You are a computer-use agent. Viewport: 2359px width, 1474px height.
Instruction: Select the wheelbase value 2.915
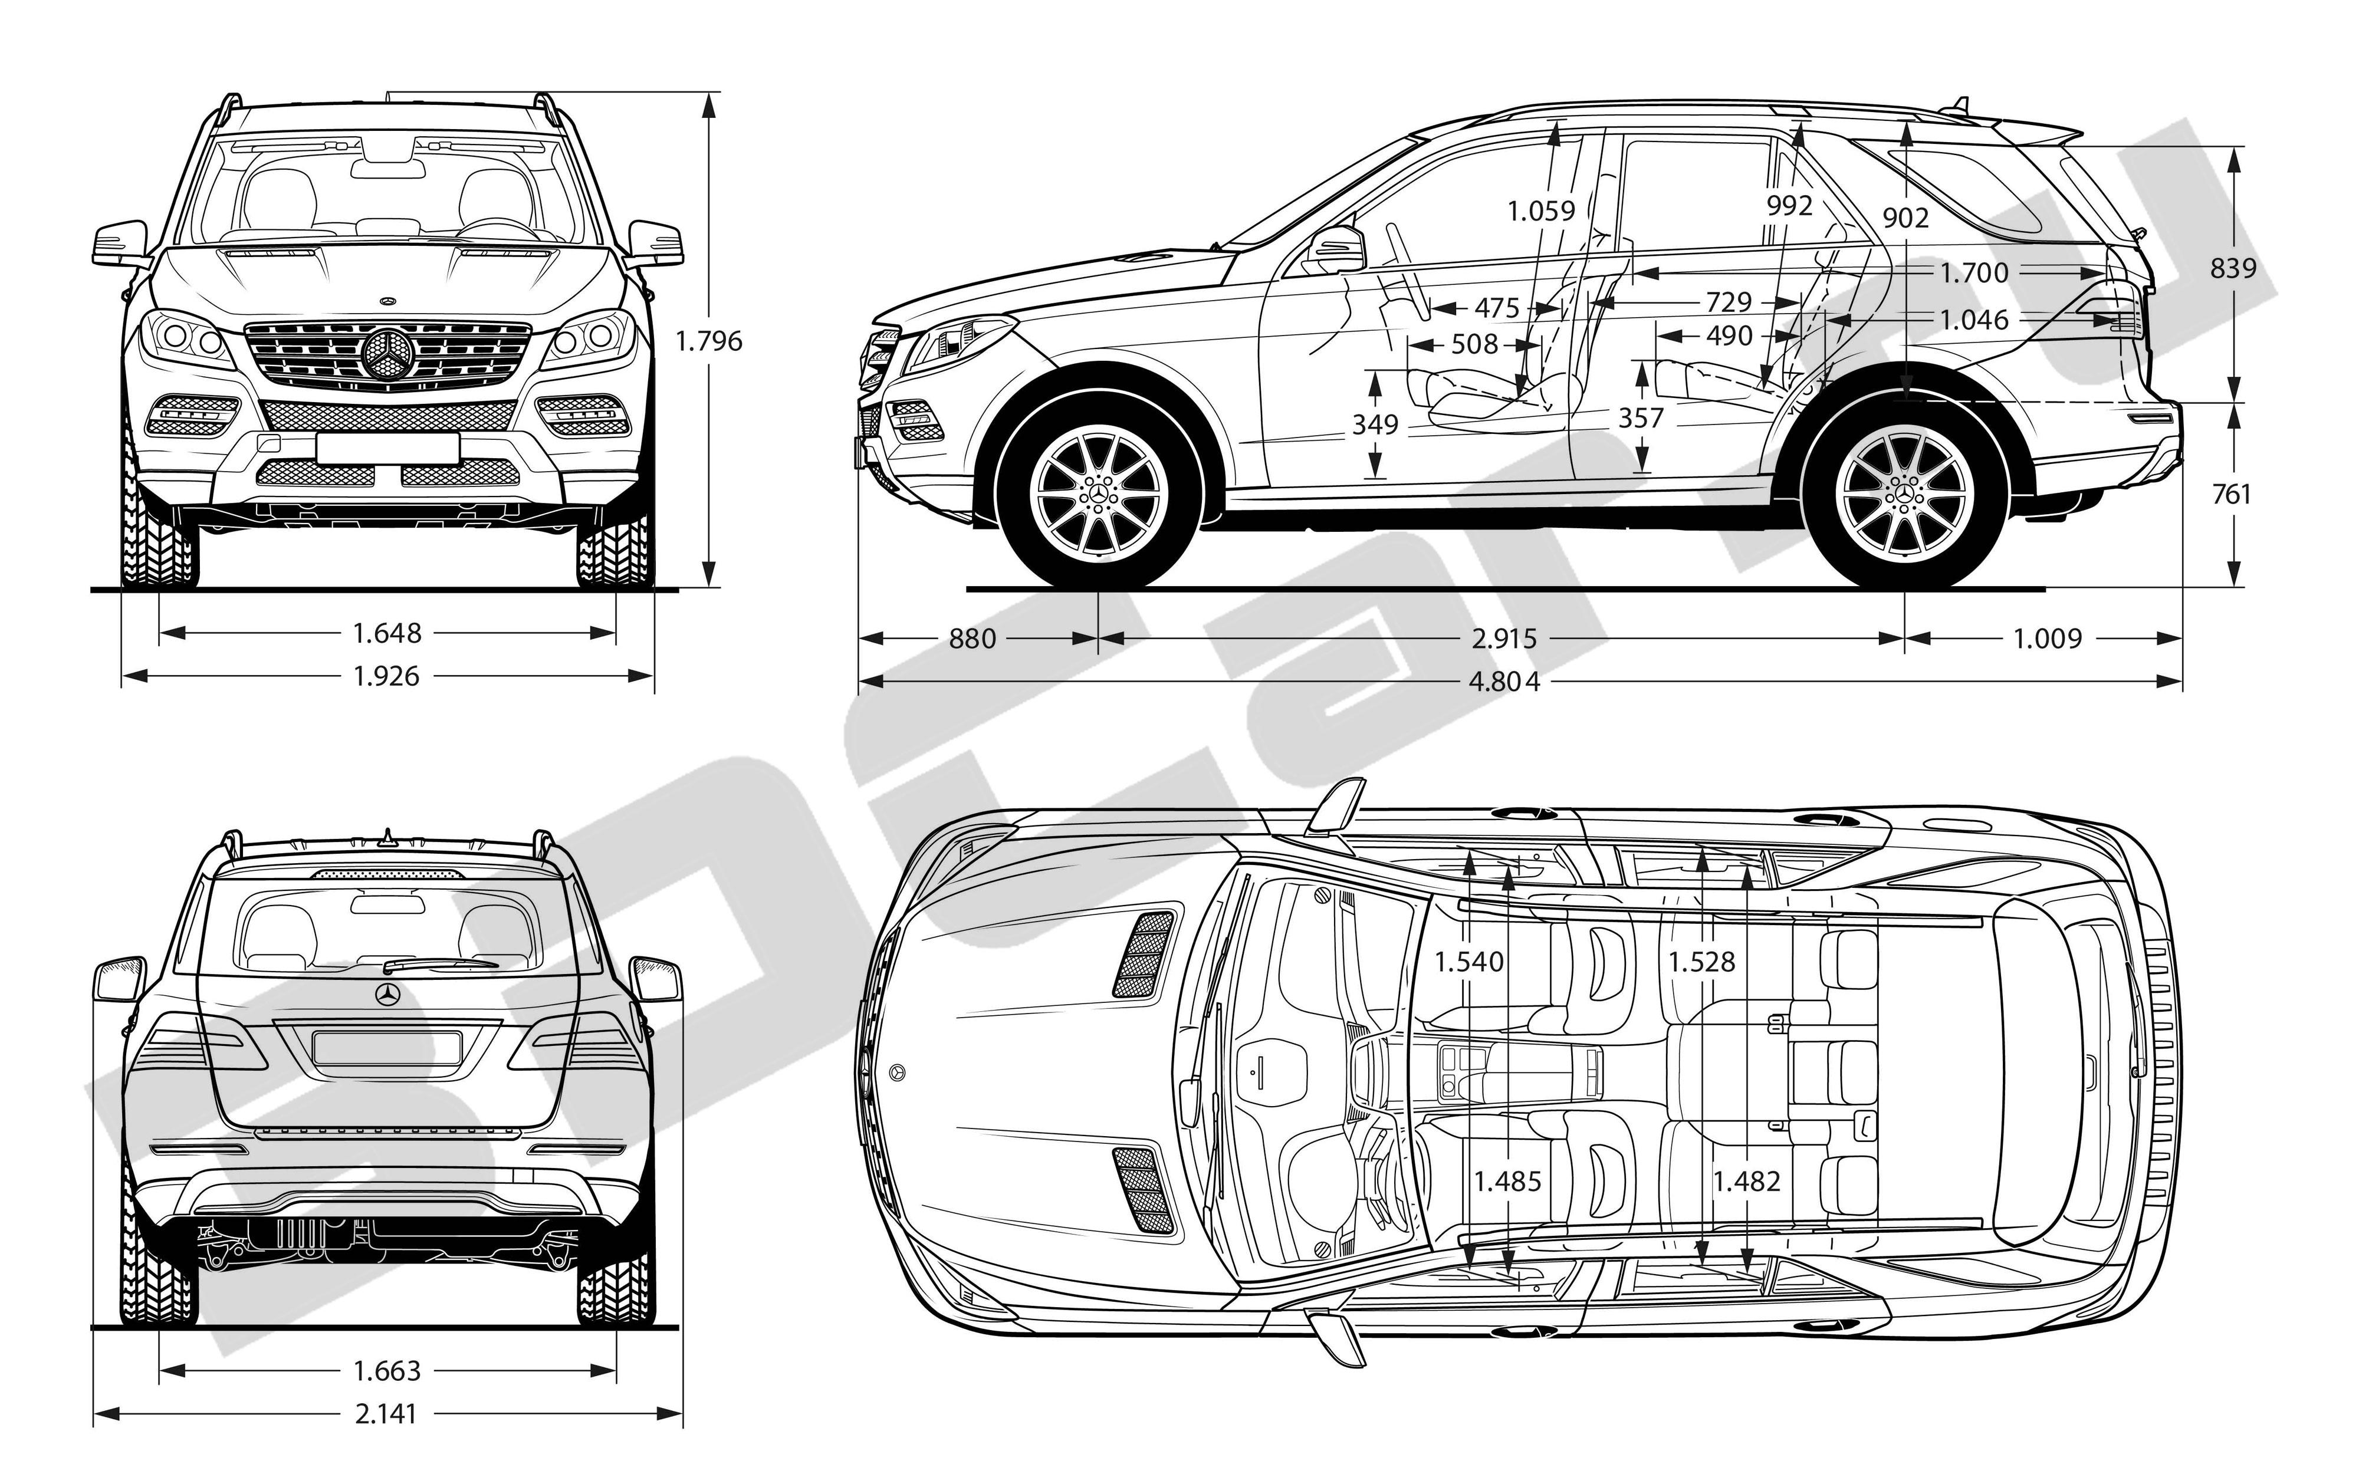pos(1504,639)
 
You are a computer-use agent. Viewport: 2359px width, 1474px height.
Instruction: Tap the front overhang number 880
pos(972,639)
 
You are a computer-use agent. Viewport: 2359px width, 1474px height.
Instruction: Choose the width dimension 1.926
pos(387,676)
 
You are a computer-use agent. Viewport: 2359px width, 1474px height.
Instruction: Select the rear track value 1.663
pos(387,1371)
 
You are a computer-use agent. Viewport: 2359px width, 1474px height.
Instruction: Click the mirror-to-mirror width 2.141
pos(387,1413)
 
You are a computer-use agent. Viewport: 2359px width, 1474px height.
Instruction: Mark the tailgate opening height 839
pos(2232,267)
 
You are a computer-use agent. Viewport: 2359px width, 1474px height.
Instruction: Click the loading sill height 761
pos(2231,494)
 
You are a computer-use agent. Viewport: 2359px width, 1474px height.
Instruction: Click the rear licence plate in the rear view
pos(387,1047)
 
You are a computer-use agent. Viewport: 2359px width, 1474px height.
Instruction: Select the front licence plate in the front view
pos(387,448)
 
